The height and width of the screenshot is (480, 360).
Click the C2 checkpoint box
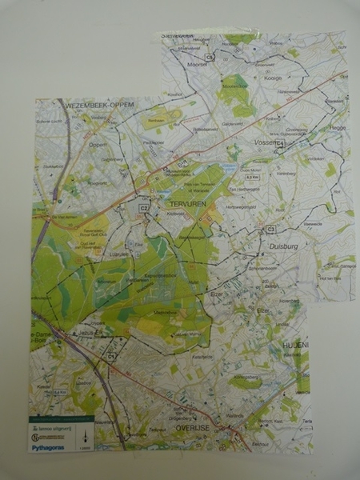pyautogui.click(x=144, y=208)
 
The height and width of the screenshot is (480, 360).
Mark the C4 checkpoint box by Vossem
pyautogui.click(x=281, y=144)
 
